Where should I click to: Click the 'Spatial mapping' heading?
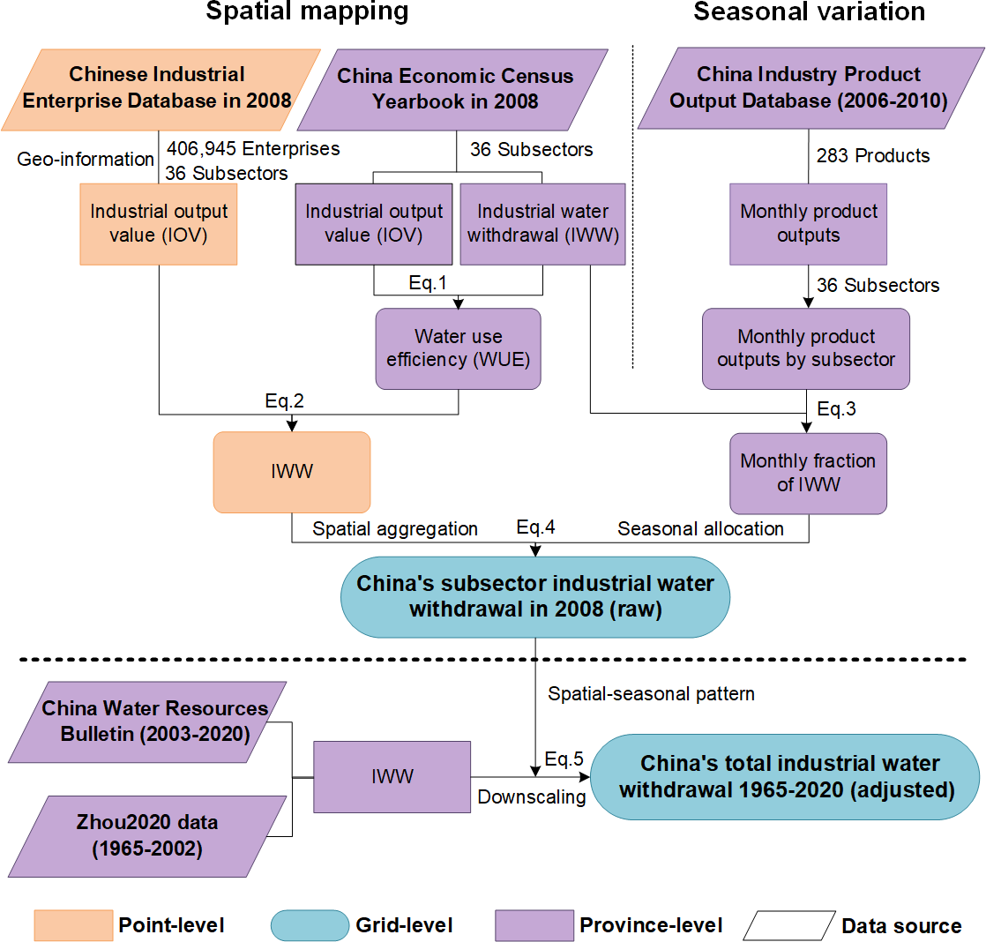[x=308, y=12]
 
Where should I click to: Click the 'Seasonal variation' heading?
[x=809, y=12]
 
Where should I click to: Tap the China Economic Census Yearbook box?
[x=454, y=87]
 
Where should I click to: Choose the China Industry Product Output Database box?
[x=808, y=87]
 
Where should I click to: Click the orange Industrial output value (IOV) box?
[x=159, y=223]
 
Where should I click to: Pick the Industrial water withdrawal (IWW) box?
[x=542, y=223]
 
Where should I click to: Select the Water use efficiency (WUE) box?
[x=458, y=348]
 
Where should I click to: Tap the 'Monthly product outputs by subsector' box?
[x=806, y=348]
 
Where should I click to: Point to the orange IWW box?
[x=291, y=472]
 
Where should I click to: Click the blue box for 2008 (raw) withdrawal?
[x=535, y=596]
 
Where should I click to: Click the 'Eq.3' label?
[x=835, y=409]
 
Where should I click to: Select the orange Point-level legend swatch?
[x=73, y=924]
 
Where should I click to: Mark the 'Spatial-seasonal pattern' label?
[x=651, y=693]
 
